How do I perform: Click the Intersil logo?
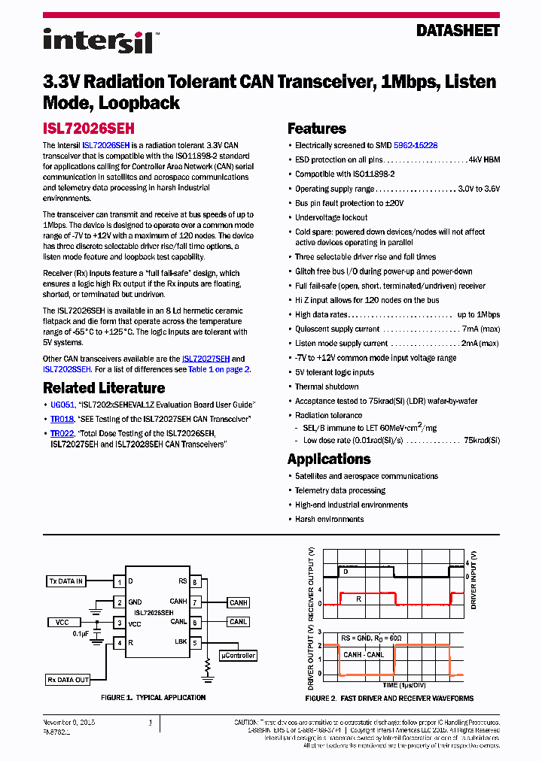click(98, 40)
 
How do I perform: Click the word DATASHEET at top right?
click(458, 31)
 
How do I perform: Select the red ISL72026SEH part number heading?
click(88, 129)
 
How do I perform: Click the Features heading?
click(317, 129)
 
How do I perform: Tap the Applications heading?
click(329, 459)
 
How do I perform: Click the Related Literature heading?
click(104, 388)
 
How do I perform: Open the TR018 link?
click(62, 419)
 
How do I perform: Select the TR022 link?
click(62, 433)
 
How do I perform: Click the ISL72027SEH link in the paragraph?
click(206, 359)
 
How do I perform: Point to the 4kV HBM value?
click(484, 159)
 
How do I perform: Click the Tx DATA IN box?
click(65, 581)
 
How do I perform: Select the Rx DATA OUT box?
click(68, 680)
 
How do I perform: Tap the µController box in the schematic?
click(238, 656)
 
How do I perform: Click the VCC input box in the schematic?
click(62, 623)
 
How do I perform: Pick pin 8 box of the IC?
click(195, 582)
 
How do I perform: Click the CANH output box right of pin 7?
click(239, 602)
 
